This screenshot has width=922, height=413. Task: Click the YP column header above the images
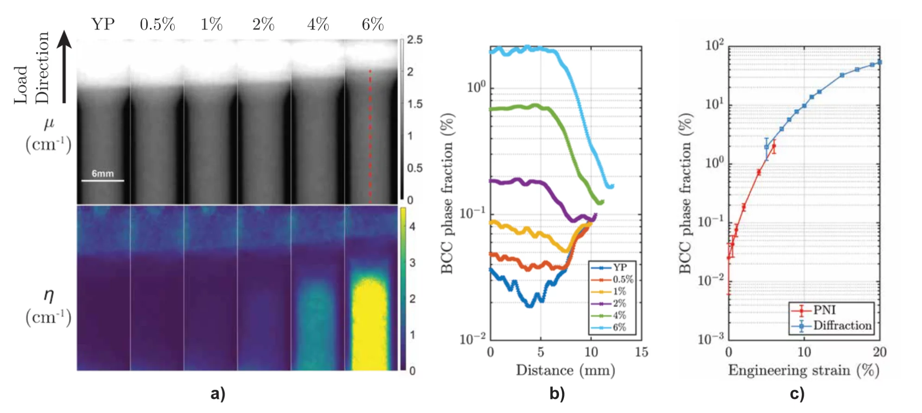pyautogui.click(x=103, y=24)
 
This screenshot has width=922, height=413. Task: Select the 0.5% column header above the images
pyautogui.click(x=157, y=24)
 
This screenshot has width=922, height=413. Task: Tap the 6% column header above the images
pyautogui.click(x=373, y=24)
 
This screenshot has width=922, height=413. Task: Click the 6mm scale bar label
pyautogui.click(x=102, y=174)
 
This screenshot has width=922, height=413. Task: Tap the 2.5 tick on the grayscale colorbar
pyautogui.click(x=415, y=40)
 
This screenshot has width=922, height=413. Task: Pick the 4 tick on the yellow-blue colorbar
pyautogui.click(x=412, y=226)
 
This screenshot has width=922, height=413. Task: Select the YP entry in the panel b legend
pyautogui.click(x=619, y=268)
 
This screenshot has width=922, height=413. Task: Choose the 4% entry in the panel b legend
pyautogui.click(x=619, y=316)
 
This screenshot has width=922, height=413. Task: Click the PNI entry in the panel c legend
pyautogui.click(x=824, y=310)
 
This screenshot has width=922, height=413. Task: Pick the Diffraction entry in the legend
pyautogui.click(x=842, y=325)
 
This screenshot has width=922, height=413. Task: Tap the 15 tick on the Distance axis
pyautogui.click(x=642, y=352)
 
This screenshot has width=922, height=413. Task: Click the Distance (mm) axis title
pyautogui.click(x=566, y=370)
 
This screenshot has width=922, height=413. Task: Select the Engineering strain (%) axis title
pyautogui.click(x=803, y=370)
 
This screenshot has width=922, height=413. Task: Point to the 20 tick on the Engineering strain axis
pyautogui.click(x=879, y=352)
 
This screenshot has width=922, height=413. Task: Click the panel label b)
pyautogui.click(x=557, y=394)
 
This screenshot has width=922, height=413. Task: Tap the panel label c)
pyautogui.click(x=797, y=394)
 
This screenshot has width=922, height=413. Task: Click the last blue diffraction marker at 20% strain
pyautogui.click(x=879, y=62)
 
